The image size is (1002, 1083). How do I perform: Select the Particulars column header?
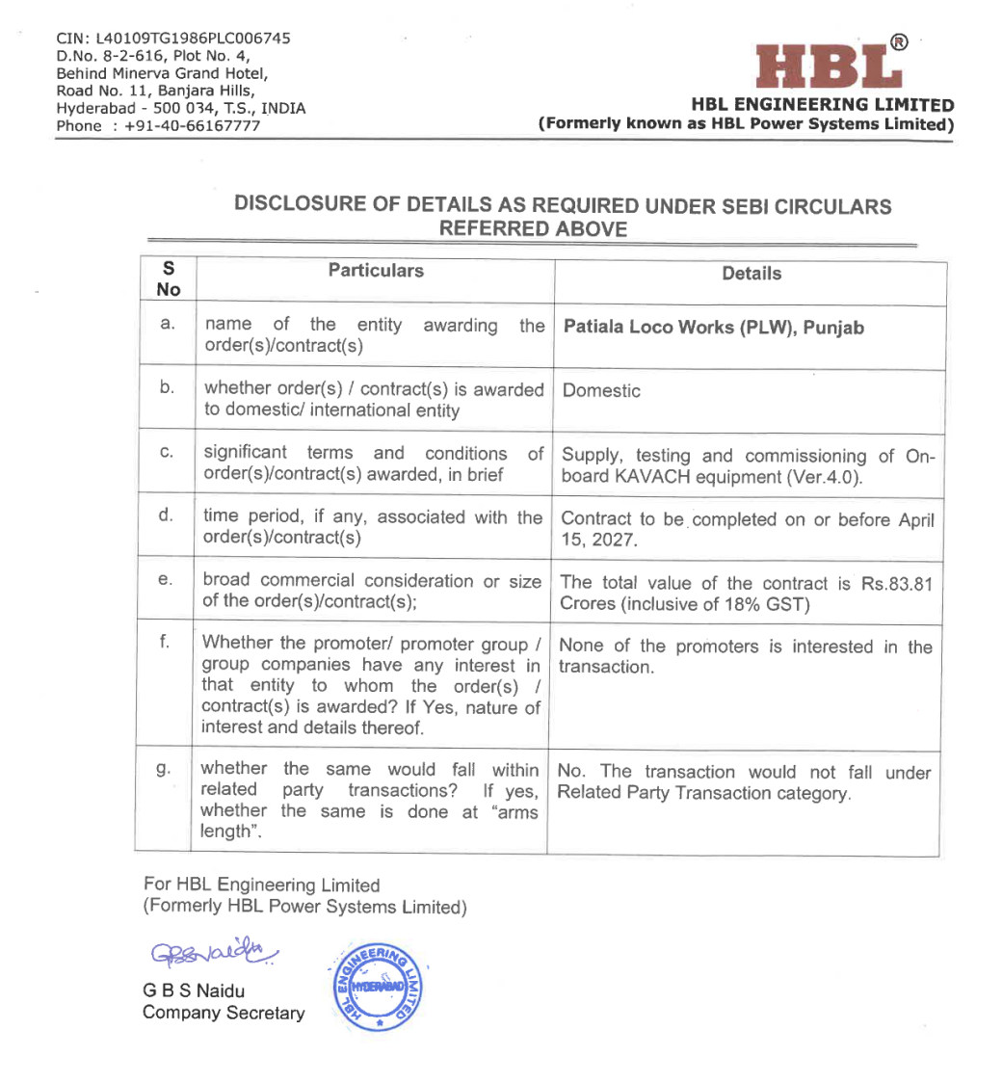point(376,271)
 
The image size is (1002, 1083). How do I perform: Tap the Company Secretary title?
point(224,1014)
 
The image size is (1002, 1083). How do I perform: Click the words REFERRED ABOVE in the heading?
point(533,228)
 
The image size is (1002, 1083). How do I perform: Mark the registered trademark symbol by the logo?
point(898,42)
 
